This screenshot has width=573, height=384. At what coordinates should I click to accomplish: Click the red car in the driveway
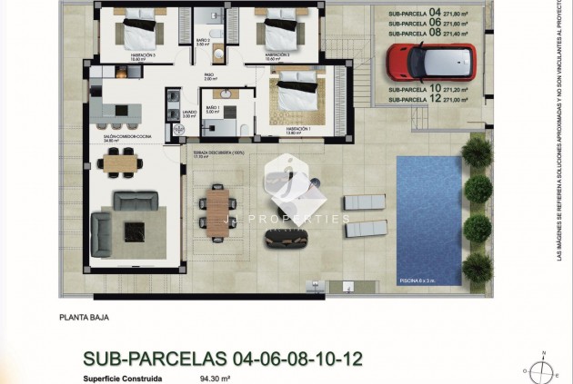click(423, 61)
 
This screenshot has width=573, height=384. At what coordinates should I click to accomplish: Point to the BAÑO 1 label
click(213, 109)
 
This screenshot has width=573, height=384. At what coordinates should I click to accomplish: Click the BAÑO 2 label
click(203, 41)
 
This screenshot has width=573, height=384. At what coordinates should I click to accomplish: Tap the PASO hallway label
click(208, 76)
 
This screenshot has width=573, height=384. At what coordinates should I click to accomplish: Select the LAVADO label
click(188, 113)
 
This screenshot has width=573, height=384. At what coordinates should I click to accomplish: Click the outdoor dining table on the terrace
click(216, 212)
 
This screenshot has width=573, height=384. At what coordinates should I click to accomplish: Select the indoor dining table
click(122, 162)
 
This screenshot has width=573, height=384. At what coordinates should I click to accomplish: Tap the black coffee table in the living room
click(134, 230)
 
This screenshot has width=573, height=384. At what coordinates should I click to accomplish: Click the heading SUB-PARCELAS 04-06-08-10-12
click(223, 358)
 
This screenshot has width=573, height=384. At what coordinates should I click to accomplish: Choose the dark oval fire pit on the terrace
click(286, 236)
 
